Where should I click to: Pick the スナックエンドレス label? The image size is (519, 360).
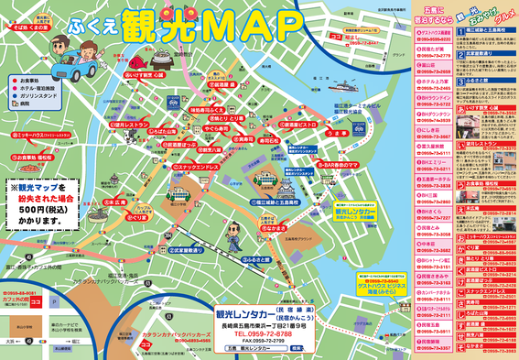[182, 168]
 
